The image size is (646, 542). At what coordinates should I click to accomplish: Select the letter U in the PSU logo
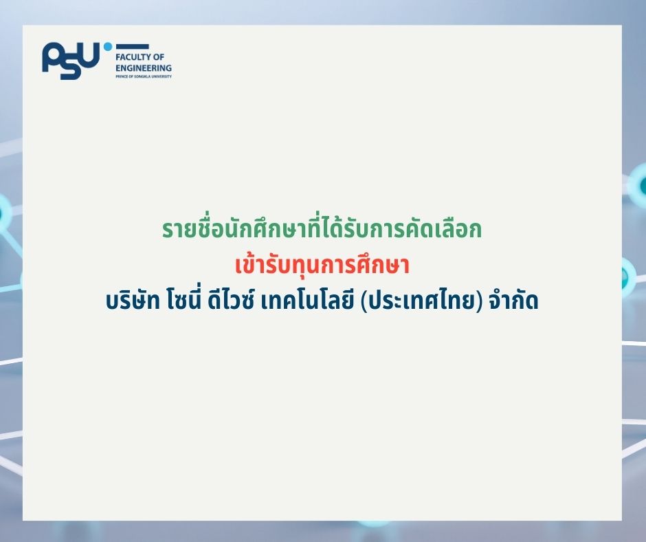(x=92, y=60)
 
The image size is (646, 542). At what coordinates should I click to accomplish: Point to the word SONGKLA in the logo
(x=140, y=76)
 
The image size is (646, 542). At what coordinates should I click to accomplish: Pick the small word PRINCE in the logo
(x=121, y=76)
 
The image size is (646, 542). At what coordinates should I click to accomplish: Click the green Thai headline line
(x=322, y=230)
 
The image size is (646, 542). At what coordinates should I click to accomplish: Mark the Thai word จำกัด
(x=510, y=301)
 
